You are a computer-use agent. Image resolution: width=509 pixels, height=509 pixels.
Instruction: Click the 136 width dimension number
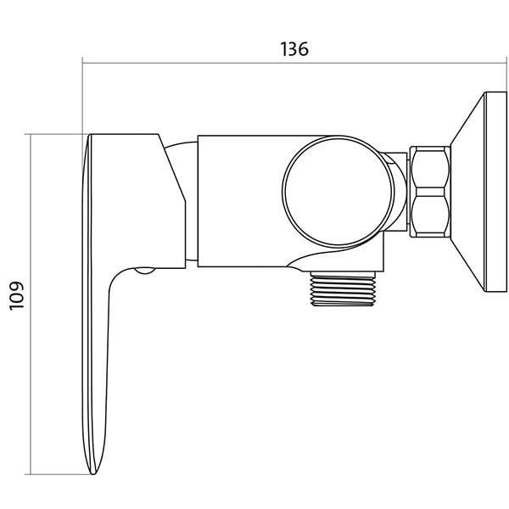click(294, 49)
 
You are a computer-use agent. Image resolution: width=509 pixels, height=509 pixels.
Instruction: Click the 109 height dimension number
click(17, 295)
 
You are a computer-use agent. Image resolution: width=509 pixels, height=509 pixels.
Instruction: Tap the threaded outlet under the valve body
click(343, 288)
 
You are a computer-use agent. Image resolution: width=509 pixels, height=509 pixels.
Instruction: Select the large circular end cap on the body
click(338, 192)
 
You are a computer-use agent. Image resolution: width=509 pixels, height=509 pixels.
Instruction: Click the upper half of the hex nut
click(430, 167)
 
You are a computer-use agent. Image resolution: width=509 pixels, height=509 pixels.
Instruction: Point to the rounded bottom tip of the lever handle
click(93, 472)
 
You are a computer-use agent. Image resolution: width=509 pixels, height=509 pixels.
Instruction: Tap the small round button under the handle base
click(145, 271)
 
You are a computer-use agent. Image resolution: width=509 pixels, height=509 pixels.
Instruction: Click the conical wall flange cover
click(467, 192)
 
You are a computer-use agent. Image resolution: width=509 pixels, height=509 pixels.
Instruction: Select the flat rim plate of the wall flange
click(495, 192)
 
